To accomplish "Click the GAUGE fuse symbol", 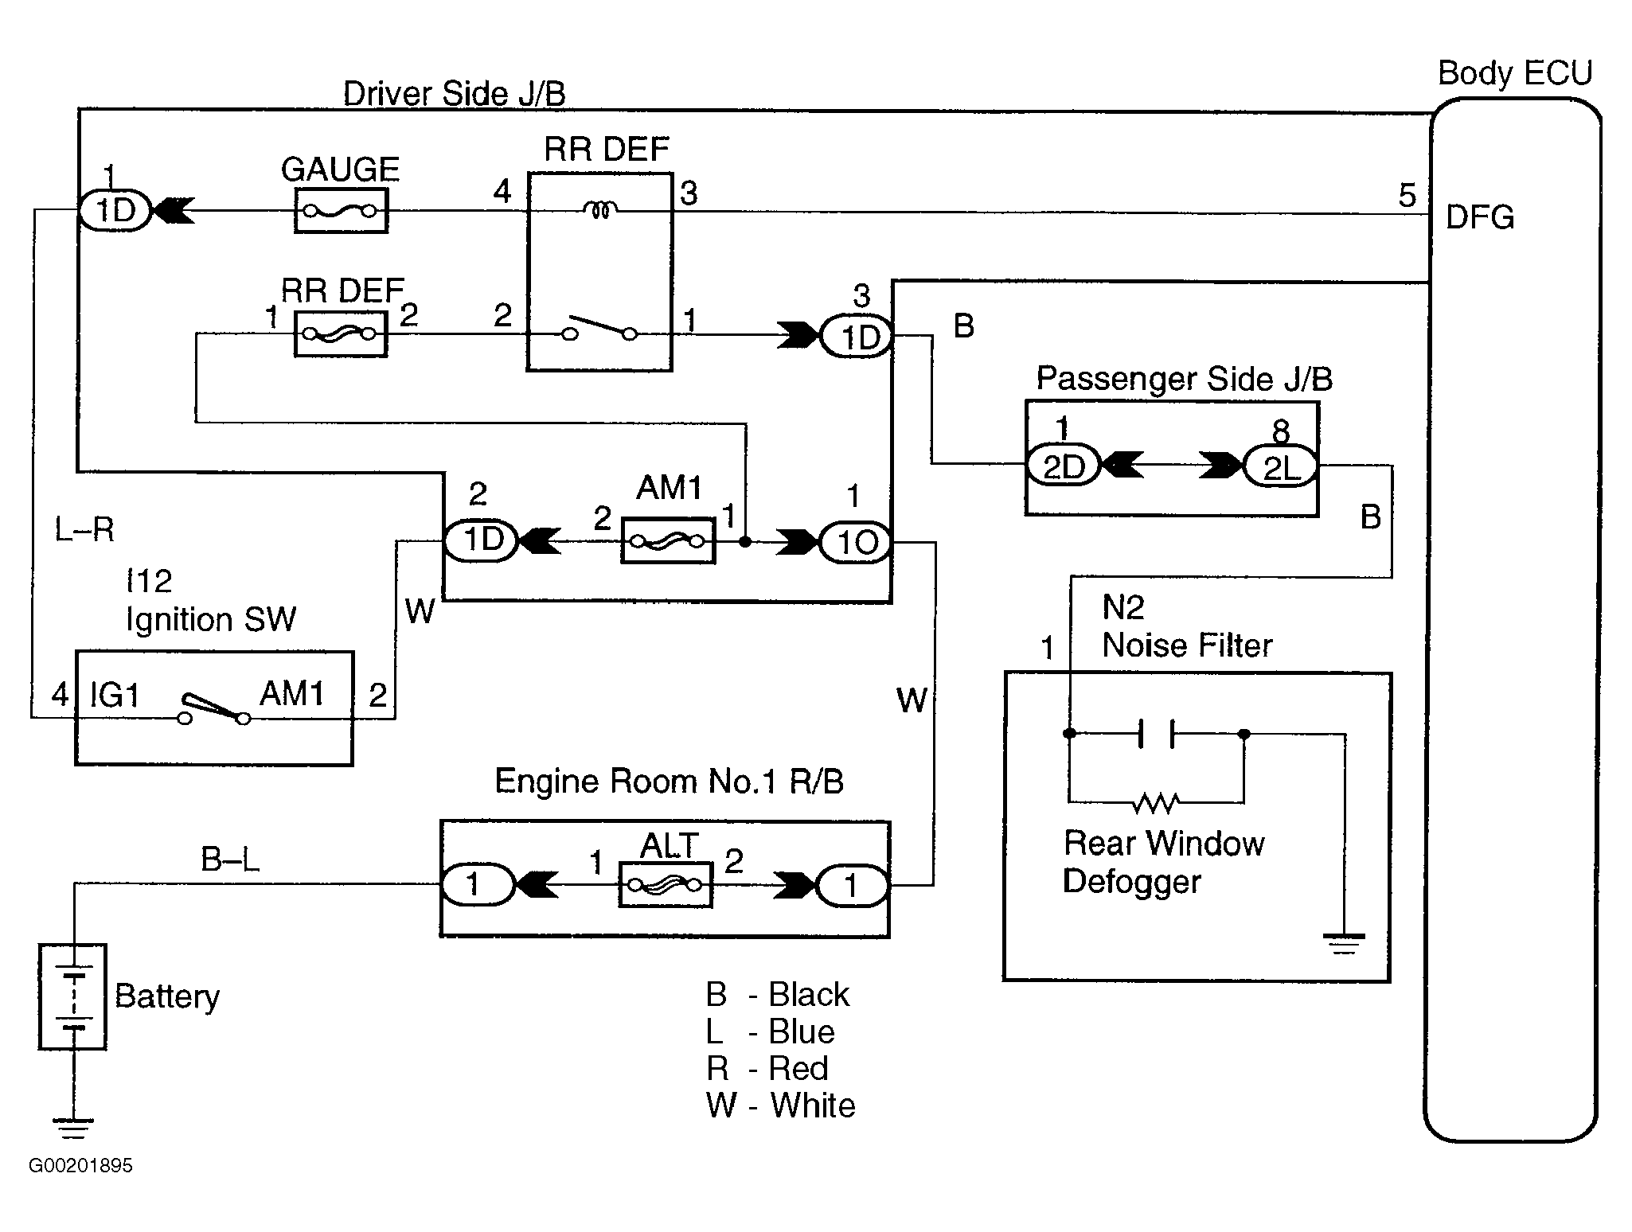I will (341, 211).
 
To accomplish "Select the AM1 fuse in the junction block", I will (667, 541).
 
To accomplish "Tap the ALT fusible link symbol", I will (666, 885).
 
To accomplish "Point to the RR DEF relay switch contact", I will (600, 329).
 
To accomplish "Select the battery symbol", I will (73, 997).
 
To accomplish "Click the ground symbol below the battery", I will (73, 1128).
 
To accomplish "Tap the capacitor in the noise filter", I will (1156, 734).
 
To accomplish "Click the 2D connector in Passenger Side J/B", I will (1063, 466).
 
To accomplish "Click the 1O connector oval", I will (856, 543).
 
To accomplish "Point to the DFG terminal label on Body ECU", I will (1479, 217).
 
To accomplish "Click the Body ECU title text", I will (1514, 73).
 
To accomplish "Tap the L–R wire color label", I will (84, 529).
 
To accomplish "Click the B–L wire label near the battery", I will (230, 860).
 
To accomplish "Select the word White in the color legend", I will (813, 1105).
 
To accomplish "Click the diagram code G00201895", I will (80, 1166).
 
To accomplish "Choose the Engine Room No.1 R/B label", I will (669, 782).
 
